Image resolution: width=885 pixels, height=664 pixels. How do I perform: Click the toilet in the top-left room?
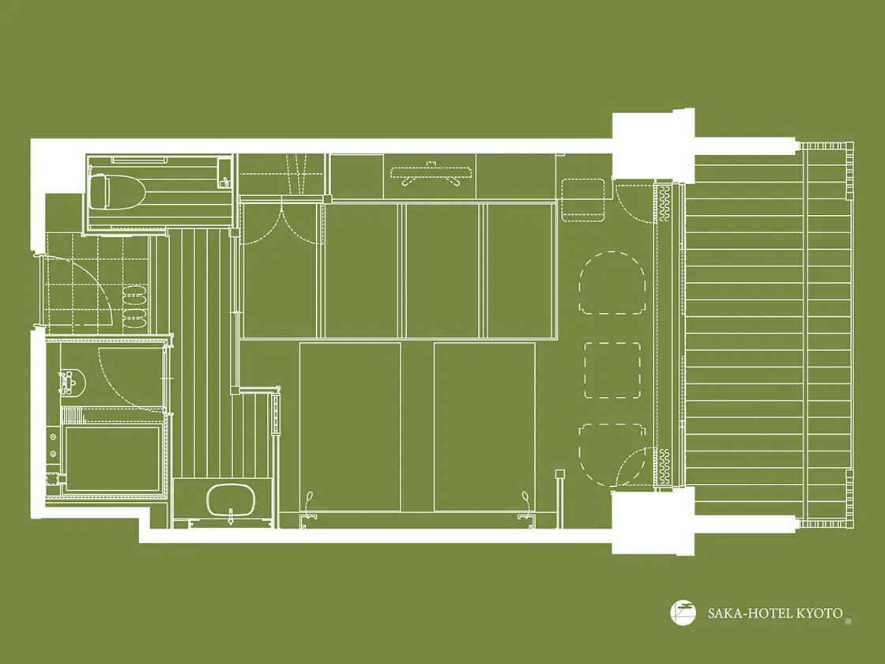pyautogui.click(x=118, y=193)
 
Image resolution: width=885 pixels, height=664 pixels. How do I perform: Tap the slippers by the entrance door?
pyautogui.click(x=135, y=307)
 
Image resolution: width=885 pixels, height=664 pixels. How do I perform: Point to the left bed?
pyautogui.click(x=350, y=427)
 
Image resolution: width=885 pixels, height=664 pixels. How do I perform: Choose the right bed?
pyautogui.click(x=484, y=427)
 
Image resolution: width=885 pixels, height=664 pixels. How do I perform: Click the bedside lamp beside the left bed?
pyautogui.click(x=308, y=499)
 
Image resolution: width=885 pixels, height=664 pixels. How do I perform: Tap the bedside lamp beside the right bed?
pyautogui.click(x=525, y=499)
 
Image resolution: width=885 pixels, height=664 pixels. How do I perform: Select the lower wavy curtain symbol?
pyautogui.click(x=664, y=466)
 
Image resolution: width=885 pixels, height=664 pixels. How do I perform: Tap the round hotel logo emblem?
pyautogui.click(x=683, y=613)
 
